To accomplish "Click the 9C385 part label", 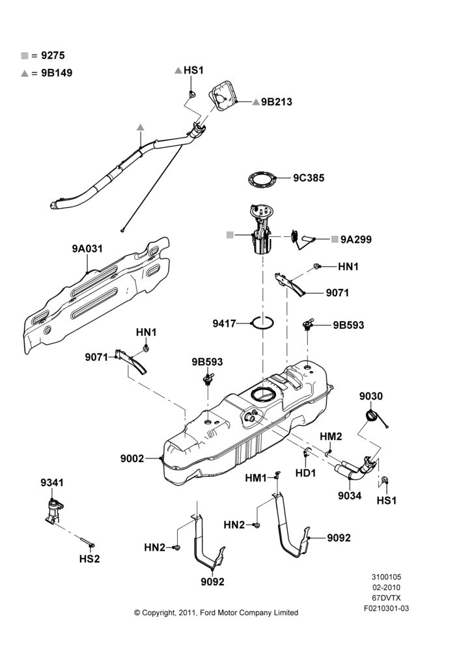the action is pos(309,178).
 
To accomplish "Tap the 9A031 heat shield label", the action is pos(87,249).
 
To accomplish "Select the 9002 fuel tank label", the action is pos(132,458).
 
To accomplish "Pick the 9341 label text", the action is pos(52,482).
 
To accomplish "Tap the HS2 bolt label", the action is pos(90,559).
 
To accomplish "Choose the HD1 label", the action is pos(305,473).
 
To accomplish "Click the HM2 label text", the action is pos(331,436).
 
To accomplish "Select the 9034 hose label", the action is pos(350,495).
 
